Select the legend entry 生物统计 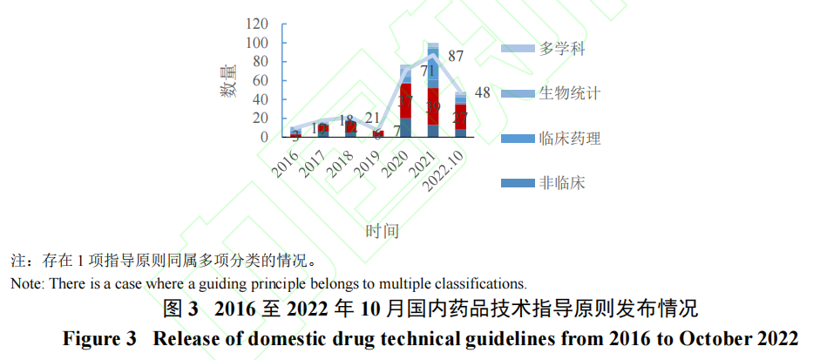pyautogui.click(x=571, y=92)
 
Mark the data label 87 pyautogui.click(x=455, y=57)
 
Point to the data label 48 pyautogui.click(x=482, y=93)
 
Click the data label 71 pyautogui.click(x=427, y=71)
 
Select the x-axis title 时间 pyautogui.click(x=382, y=232)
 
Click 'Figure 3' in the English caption pyautogui.click(x=97, y=340)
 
